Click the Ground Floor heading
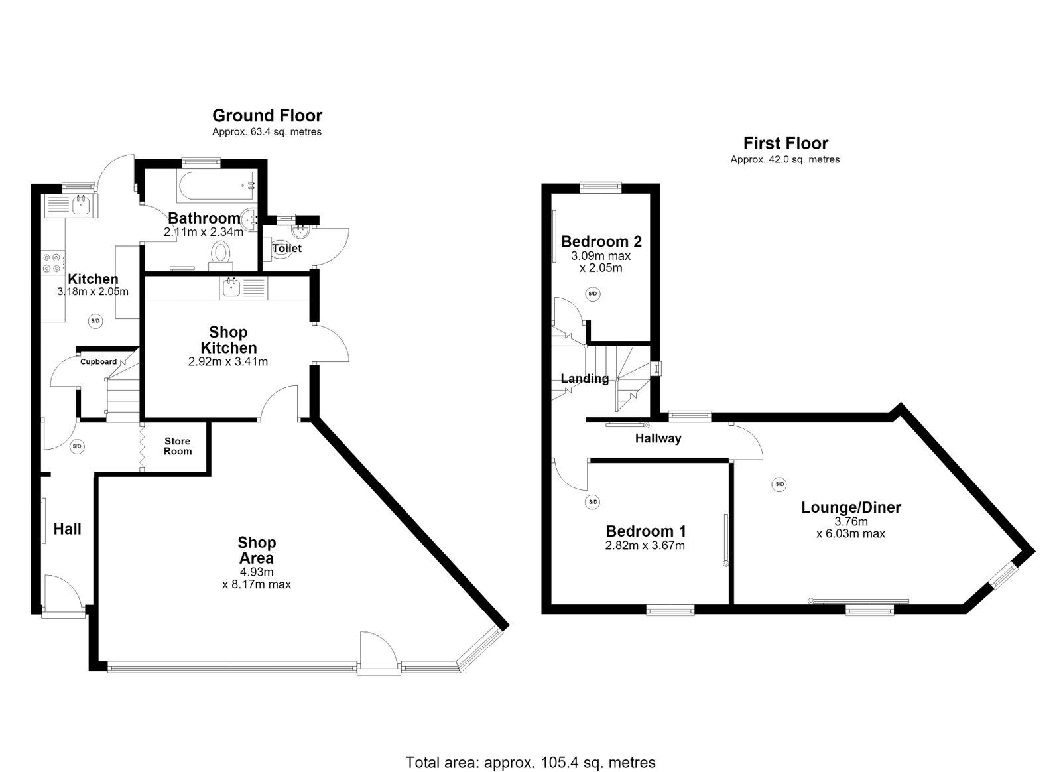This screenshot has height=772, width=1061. (x=267, y=115)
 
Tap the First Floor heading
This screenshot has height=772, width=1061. (x=785, y=143)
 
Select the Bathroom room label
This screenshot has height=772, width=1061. (x=204, y=218)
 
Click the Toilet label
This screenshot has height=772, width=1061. (x=287, y=248)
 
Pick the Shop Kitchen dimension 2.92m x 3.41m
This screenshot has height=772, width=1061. (x=228, y=362)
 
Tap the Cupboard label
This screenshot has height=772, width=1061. (x=99, y=362)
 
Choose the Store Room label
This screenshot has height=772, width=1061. (x=178, y=446)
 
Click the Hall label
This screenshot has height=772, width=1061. (x=67, y=529)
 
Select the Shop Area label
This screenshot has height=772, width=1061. (x=257, y=549)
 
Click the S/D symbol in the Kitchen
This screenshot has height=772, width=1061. (x=95, y=321)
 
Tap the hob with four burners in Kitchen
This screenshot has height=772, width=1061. (x=53, y=263)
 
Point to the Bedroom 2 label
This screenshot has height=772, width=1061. (x=601, y=241)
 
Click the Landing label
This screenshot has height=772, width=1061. (x=585, y=379)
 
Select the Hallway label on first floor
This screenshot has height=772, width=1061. (x=658, y=438)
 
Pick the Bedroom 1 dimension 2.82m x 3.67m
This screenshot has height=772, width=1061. (x=645, y=545)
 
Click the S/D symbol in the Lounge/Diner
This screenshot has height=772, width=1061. (x=779, y=485)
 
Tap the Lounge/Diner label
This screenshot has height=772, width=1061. (x=851, y=507)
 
